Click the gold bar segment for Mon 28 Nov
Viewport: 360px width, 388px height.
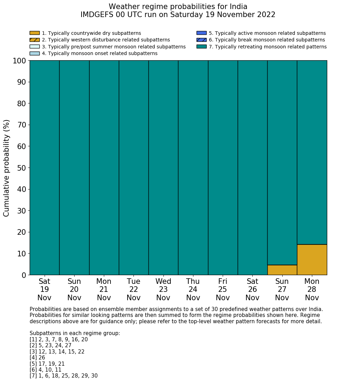pyautogui.click(x=312, y=259)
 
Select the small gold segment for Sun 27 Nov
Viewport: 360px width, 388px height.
pyautogui.click(x=282, y=270)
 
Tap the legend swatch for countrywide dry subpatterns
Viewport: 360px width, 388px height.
pyautogui.click(x=35, y=33)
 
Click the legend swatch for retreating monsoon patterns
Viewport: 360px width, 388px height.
pyautogui.click(x=201, y=47)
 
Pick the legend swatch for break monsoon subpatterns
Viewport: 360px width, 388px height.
pyautogui.click(x=201, y=40)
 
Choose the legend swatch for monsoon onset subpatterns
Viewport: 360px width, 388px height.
pyautogui.click(x=35, y=53)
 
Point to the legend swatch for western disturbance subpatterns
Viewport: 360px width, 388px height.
pyautogui.click(x=35, y=40)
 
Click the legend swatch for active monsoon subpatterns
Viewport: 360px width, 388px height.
pyautogui.click(x=201, y=33)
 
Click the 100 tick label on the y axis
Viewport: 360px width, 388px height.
pyautogui.click(x=19, y=61)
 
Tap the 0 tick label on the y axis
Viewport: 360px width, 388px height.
pyautogui.click(x=24, y=275)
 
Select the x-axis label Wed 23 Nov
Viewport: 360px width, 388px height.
pyautogui.click(x=163, y=289)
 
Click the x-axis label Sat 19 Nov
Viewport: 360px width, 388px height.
pyautogui.click(x=44, y=289)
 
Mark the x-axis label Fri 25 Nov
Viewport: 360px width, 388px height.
pyautogui.click(x=223, y=289)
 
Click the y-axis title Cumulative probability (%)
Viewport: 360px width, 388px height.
pyautogui.click(x=7, y=168)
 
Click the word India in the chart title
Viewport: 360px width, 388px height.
pyautogui.click(x=238, y=7)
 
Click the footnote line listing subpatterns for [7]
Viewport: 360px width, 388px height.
pyautogui.click(x=63, y=376)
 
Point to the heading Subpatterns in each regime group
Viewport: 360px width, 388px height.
pyautogui.click(x=75, y=333)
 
